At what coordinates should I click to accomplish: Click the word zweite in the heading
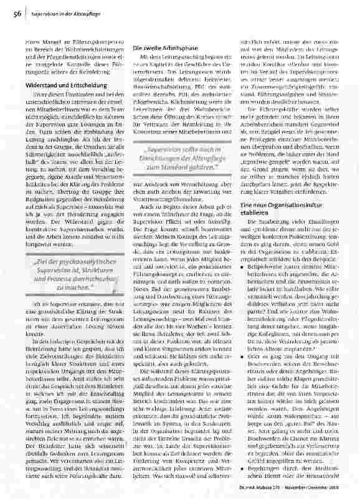152,48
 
